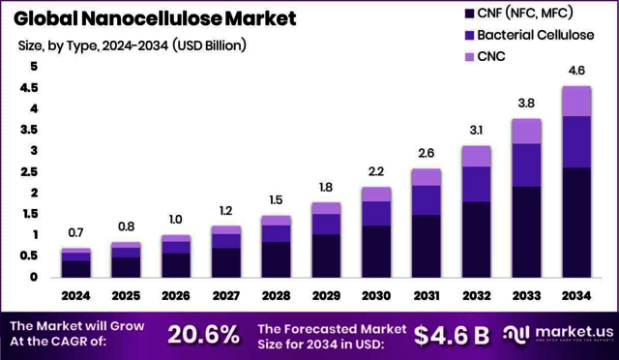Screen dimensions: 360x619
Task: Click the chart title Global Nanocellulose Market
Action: point(155,18)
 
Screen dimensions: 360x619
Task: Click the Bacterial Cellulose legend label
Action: point(542,35)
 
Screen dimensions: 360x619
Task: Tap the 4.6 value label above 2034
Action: point(576,71)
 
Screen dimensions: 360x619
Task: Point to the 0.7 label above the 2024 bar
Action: point(75,233)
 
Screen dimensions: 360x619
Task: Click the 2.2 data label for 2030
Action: point(376,171)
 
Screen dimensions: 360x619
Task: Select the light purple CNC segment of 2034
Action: point(576,101)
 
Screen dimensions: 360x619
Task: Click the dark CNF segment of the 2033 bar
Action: point(526,231)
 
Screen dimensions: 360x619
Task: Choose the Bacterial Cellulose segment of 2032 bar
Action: point(476,184)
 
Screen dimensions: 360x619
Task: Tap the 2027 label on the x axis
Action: point(225,294)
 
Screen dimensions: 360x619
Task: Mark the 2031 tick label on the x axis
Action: point(426,294)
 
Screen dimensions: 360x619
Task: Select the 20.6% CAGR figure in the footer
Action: point(203,335)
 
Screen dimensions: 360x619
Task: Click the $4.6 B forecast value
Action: point(451,335)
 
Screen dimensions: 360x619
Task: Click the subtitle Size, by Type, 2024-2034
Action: point(132,45)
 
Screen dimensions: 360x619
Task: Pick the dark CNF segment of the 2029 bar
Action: point(326,255)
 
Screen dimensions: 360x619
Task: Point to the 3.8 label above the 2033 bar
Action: point(526,104)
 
